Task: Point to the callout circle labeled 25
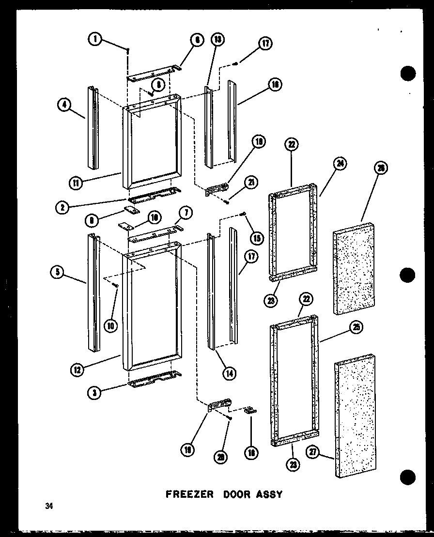pos(356,328)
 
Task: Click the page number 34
pos(48,506)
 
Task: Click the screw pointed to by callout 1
pos(127,50)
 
